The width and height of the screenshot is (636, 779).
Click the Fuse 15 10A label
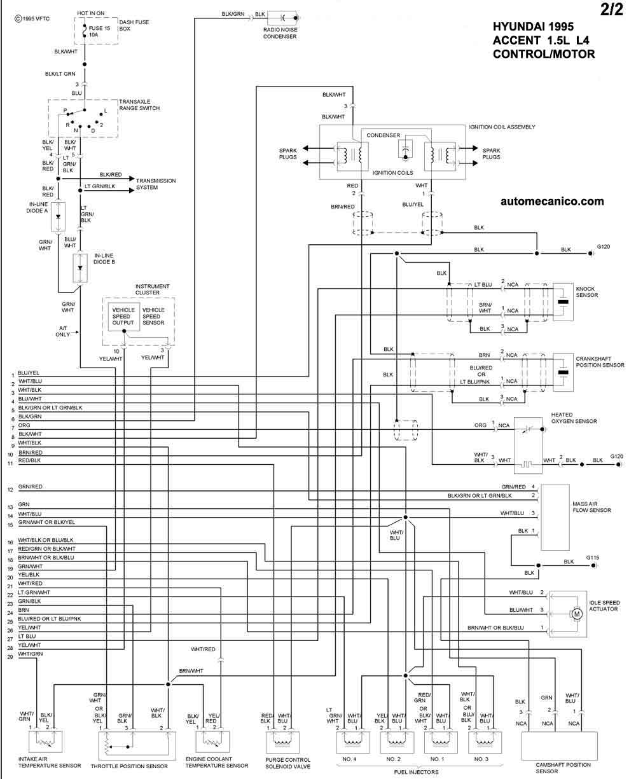(99, 31)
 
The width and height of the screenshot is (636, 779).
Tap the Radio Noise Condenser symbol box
(282, 18)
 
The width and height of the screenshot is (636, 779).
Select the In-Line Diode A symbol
(58, 217)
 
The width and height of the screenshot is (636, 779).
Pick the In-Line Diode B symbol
(80, 268)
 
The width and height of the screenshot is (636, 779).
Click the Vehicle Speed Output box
(123, 316)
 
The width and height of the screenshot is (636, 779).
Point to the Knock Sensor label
(586, 292)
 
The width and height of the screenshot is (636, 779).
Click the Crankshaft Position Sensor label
(600, 362)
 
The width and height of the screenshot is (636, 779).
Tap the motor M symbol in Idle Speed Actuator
(577, 614)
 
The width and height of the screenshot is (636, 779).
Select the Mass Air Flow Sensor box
(555, 518)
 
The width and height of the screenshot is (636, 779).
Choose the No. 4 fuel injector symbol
(352, 742)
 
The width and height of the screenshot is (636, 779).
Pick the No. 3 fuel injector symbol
(485, 742)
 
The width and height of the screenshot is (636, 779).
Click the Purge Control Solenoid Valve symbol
(282, 742)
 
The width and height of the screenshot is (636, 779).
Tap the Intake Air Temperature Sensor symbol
(45, 741)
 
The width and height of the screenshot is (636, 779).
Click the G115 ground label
(592, 557)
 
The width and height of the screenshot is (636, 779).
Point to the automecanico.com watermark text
(552, 202)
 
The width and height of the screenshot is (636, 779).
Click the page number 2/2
(612, 10)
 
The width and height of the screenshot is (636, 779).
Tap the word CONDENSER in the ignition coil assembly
(383, 135)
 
